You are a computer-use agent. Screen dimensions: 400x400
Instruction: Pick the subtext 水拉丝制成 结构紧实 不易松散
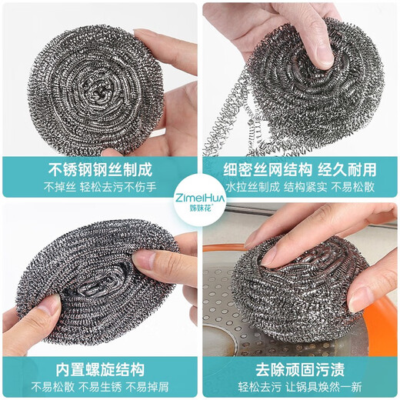[x=299, y=185]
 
